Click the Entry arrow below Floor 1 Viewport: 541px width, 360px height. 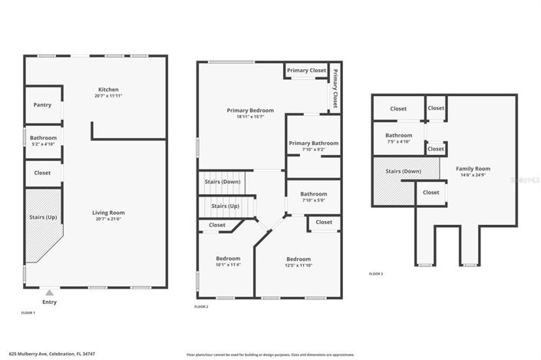pyautogui.click(x=49, y=292)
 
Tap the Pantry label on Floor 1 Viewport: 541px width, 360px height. pyautogui.click(x=42, y=104)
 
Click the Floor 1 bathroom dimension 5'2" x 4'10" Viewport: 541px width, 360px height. pyautogui.click(x=42, y=144)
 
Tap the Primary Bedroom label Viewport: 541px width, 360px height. pyautogui.click(x=250, y=110)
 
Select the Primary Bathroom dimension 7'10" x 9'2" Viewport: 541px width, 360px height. pyautogui.click(x=313, y=150)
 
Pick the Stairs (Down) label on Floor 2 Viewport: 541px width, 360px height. pyautogui.click(x=222, y=182)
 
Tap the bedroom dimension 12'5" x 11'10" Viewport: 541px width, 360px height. pyautogui.click(x=299, y=265)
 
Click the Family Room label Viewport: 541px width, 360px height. pyautogui.click(x=473, y=168)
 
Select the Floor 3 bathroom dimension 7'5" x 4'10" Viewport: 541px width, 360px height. pyautogui.click(x=398, y=141)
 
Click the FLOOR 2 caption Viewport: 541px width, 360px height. pyautogui.click(x=202, y=306)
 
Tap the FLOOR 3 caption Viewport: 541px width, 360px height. pyautogui.click(x=376, y=274)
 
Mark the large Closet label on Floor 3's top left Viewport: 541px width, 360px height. pyautogui.click(x=398, y=109)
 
